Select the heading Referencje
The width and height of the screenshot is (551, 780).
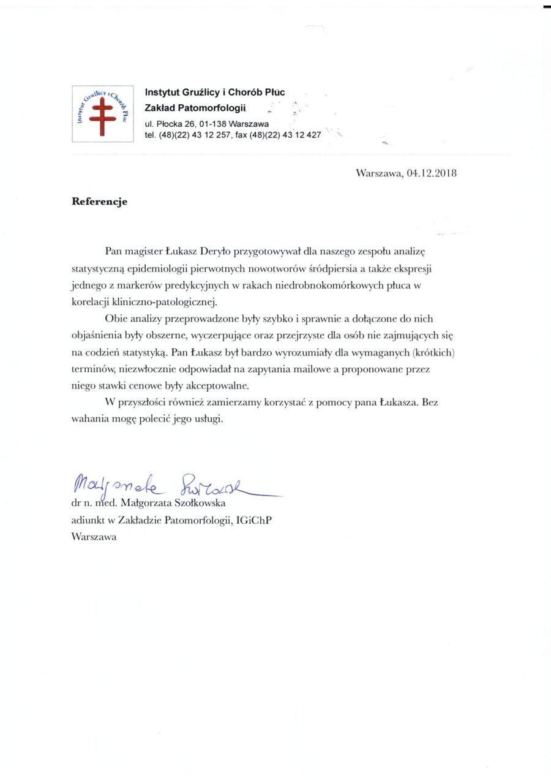coord(100,202)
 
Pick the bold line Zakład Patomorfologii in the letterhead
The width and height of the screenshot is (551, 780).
coord(195,108)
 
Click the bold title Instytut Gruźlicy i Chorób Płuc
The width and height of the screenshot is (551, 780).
coord(215,93)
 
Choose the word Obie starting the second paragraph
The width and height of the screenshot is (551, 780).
coord(116,319)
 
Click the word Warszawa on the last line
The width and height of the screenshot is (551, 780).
coord(94,537)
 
